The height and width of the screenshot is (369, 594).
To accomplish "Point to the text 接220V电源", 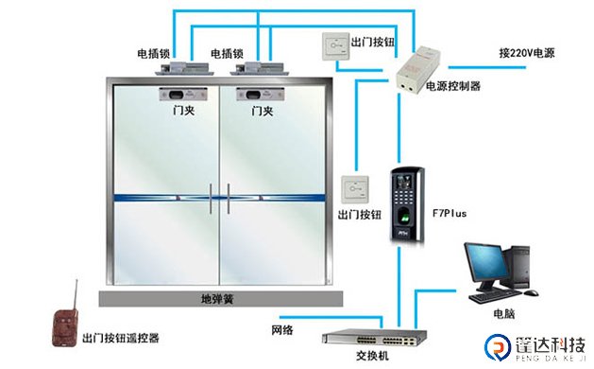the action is pyautogui.click(x=527, y=53).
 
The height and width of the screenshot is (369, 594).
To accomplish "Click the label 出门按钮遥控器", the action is pyautogui.click(x=120, y=337).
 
